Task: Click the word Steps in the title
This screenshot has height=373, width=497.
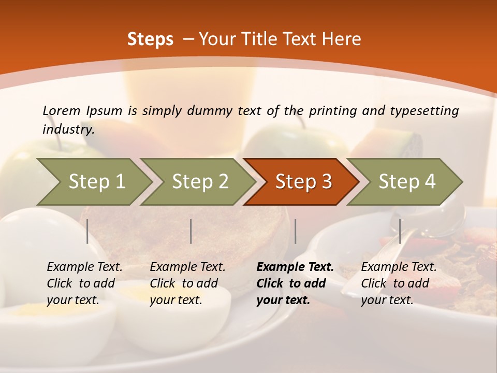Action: tap(150, 39)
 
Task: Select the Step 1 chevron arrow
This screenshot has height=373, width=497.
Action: tap(96, 182)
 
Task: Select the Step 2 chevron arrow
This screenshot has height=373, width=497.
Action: tap(200, 182)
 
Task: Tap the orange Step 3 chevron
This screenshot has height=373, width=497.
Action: tap(303, 182)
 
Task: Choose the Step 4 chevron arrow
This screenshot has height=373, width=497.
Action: tap(406, 182)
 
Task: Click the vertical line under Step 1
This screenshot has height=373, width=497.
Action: tap(87, 231)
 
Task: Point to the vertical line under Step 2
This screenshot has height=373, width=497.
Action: tap(191, 231)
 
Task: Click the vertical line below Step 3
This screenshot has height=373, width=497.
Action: tap(296, 231)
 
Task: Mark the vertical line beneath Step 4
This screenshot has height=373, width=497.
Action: tap(400, 231)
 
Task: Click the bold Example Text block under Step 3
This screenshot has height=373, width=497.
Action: tap(295, 283)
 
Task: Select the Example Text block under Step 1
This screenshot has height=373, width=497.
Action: tap(84, 283)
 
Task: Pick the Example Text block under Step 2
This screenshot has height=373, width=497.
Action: tap(187, 283)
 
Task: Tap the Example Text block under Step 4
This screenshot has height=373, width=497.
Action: tap(399, 283)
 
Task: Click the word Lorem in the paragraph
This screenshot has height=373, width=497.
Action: tap(62, 110)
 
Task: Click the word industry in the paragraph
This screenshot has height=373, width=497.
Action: tap(68, 130)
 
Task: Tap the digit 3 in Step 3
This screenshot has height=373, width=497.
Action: tap(326, 182)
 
